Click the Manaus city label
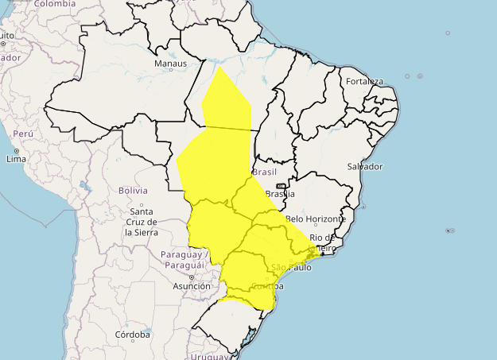(171, 64)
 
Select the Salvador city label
(365, 166)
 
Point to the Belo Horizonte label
(316, 219)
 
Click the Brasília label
(280, 194)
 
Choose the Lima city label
(17, 159)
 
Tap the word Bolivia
(133, 191)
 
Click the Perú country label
(22, 134)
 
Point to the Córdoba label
(132, 335)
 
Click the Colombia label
(55, 4)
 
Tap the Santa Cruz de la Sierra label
(141, 222)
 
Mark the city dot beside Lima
(16, 150)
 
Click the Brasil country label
(264, 172)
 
